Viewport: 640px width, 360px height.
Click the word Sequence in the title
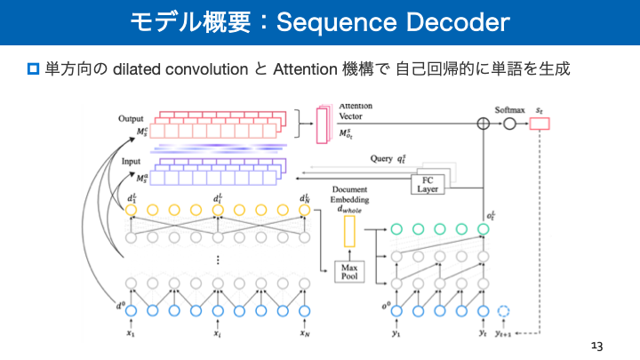click(x=337, y=22)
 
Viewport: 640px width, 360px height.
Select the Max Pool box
click(x=348, y=271)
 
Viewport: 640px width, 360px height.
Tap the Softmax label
click(x=510, y=110)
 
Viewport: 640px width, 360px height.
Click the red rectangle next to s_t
click(x=540, y=124)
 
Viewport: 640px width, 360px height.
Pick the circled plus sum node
click(x=484, y=124)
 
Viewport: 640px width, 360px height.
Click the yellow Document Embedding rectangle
click(x=348, y=233)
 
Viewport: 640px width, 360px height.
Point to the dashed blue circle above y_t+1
click(x=506, y=311)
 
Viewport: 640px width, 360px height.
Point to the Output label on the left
click(x=131, y=118)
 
